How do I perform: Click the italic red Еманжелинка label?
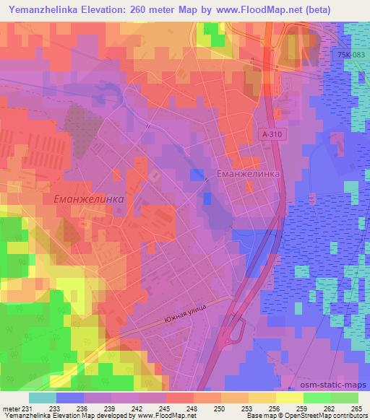(x=89, y=198)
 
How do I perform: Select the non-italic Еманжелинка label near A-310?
(x=248, y=175)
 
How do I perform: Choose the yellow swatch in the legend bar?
(x=289, y=398)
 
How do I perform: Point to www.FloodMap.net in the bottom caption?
(x=167, y=416)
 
